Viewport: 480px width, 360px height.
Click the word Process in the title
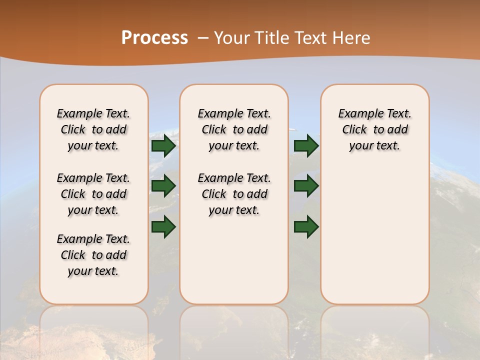[154, 37]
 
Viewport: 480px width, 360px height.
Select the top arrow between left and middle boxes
[163, 145]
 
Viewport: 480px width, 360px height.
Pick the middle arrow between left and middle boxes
[163, 186]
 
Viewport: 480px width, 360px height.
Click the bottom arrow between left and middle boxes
[163, 226]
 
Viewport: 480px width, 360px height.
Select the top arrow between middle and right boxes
[306, 145]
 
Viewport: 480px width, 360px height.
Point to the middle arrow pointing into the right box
[306, 186]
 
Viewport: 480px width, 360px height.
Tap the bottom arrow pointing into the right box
[306, 226]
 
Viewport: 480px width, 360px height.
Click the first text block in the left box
[93, 129]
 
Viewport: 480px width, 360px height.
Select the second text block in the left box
[93, 194]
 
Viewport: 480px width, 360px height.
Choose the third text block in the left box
[93, 255]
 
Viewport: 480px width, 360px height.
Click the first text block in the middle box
[234, 129]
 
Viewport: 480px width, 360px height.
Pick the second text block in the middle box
[234, 194]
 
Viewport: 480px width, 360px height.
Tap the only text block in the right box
[374, 129]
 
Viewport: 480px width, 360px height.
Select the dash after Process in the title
[203, 37]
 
